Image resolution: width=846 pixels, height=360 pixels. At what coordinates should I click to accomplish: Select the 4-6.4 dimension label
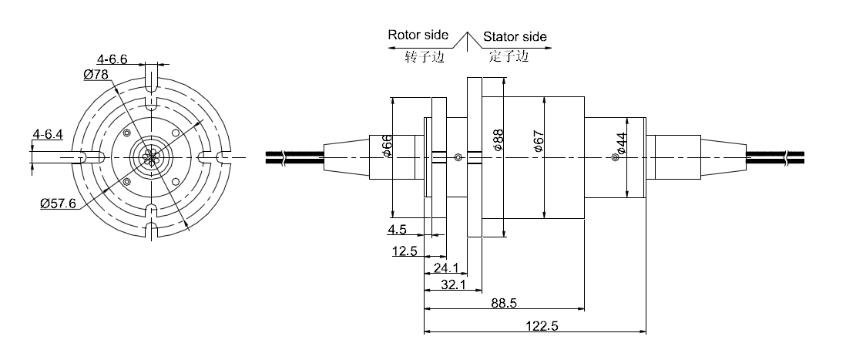click(x=47, y=134)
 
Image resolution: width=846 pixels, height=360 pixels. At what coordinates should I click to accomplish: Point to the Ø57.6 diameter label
click(x=59, y=204)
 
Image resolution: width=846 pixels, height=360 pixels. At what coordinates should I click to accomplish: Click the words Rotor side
click(x=418, y=35)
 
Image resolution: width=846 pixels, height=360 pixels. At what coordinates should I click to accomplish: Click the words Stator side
click(x=515, y=36)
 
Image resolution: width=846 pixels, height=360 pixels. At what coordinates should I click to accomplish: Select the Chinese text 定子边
click(x=509, y=56)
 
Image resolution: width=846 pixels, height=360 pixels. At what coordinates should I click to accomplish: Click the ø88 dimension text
click(x=498, y=140)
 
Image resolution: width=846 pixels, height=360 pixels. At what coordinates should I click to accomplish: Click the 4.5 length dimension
click(x=397, y=230)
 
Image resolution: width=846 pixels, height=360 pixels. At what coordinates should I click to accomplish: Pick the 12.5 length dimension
click(x=405, y=251)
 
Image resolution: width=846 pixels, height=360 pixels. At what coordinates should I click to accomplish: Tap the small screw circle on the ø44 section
click(x=614, y=158)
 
